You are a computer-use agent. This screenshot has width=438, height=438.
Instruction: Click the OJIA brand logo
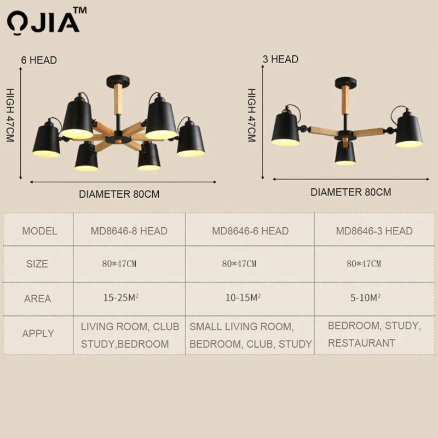tap(47, 21)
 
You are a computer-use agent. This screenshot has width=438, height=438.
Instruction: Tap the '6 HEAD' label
tap(39, 60)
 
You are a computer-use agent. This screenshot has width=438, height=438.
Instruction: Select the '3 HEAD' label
tap(280, 59)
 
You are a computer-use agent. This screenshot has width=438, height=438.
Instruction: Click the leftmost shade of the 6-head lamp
tap(47, 140)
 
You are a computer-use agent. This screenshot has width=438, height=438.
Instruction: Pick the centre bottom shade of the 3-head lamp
tap(345, 153)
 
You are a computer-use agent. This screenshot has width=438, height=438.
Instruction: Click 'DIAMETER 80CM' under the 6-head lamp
tap(119, 194)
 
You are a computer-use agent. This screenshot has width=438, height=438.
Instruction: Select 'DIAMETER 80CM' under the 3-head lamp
tap(351, 192)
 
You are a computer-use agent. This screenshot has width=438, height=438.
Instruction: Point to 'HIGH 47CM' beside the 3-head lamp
tap(252, 115)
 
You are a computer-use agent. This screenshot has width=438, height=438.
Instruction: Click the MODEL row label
tap(39, 231)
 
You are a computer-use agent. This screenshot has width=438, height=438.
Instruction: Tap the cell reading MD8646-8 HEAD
tap(129, 231)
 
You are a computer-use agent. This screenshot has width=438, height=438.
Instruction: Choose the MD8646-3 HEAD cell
tap(374, 231)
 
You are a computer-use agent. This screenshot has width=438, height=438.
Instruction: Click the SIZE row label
tap(37, 264)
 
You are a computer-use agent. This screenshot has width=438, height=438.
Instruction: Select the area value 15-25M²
tap(121, 298)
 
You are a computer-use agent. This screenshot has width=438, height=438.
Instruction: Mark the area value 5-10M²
tap(365, 298)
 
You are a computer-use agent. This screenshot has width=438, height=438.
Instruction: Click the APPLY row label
tap(38, 333)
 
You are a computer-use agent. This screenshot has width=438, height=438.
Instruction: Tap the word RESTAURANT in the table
tap(361, 343)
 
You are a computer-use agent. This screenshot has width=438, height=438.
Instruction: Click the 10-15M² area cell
tap(243, 298)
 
